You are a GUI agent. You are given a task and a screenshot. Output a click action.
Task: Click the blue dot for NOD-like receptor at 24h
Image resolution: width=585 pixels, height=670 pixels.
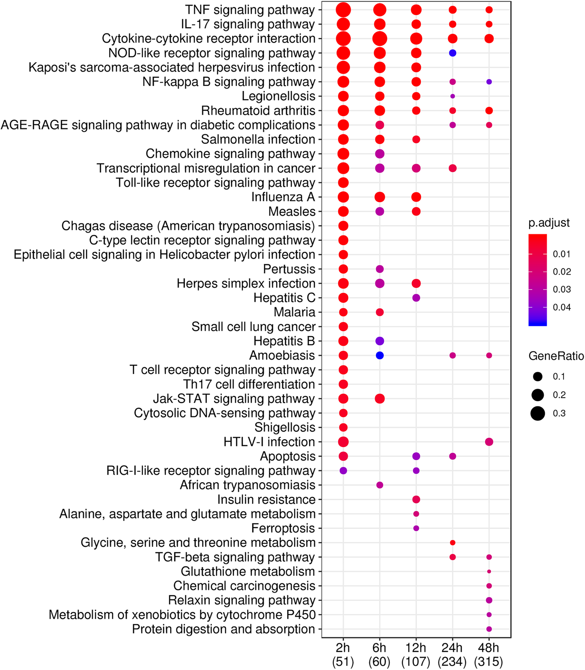tap(452, 53)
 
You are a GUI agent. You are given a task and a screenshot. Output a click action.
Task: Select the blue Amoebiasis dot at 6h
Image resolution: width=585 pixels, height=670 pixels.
tap(379, 355)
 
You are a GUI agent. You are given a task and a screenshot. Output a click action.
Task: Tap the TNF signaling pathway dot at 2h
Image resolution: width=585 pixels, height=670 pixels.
tap(343, 10)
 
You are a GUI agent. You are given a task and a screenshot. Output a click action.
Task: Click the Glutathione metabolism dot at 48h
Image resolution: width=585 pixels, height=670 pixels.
tap(489, 571)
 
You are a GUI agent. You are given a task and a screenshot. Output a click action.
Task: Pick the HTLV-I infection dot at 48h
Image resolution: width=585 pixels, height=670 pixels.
tap(489, 442)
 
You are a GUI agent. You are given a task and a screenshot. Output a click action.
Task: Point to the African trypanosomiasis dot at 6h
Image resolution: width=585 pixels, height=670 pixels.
tap(379, 485)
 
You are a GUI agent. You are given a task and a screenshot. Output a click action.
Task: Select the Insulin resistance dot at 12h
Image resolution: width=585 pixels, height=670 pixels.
tap(416, 499)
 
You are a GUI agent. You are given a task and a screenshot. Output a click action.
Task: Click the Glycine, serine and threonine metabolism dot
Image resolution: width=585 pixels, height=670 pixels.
tap(452, 543)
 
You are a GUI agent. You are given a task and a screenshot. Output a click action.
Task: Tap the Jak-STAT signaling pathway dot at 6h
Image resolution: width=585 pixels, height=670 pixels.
tap(379, 399)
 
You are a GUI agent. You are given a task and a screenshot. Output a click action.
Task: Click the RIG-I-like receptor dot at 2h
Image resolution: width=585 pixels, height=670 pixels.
tap(343, 471)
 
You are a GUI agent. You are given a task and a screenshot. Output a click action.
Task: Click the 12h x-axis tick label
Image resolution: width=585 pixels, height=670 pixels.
tap(416, 647)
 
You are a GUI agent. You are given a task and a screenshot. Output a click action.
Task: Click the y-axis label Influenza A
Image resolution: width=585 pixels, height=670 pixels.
tap(283, 197)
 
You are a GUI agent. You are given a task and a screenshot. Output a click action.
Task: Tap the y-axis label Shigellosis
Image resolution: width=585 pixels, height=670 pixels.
tap(285, 427)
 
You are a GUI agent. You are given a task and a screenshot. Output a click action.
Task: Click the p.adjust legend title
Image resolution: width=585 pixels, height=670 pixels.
tap(549, 223)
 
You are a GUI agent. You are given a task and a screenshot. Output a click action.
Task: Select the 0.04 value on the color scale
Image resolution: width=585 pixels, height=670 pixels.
tap(561, 307)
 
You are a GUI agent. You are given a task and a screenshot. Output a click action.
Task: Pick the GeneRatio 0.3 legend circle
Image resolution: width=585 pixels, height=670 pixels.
tap(537, 414)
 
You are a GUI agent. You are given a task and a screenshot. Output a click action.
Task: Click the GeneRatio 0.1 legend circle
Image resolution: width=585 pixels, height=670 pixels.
tap(537, 377)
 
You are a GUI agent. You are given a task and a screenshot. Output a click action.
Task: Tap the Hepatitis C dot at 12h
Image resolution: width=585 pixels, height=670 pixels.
tap(416, 298)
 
